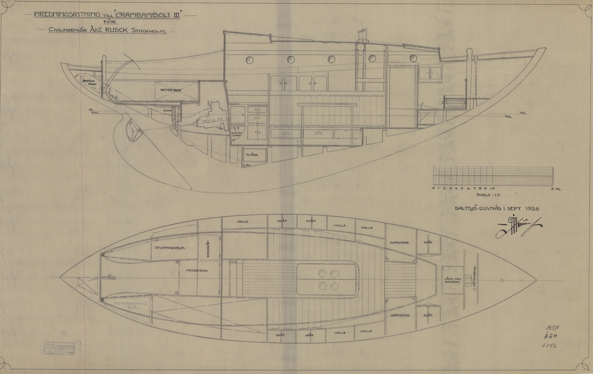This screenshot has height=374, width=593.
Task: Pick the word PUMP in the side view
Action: coord(168,111)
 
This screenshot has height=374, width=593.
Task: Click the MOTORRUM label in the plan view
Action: coord(195,271)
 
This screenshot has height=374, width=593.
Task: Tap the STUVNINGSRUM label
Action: coord(169,248)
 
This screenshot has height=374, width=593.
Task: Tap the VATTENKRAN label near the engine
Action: coord(238,134)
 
